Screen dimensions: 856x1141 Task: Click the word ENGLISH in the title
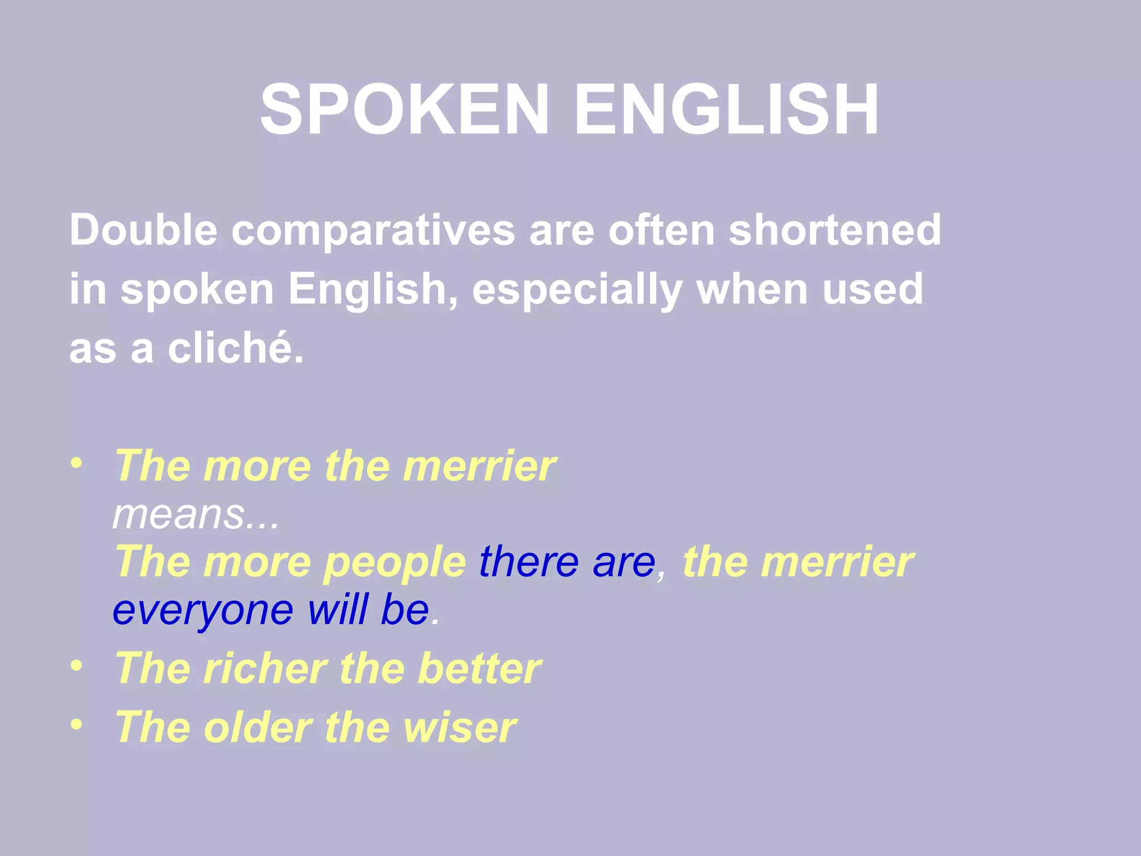[726, 109]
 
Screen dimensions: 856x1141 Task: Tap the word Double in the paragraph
[143, 230]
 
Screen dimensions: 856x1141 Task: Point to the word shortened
[835, 230]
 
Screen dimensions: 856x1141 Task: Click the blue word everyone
[203, 610]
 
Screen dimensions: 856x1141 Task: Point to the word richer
[265, 668]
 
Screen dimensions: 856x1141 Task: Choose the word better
[479, 668]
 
